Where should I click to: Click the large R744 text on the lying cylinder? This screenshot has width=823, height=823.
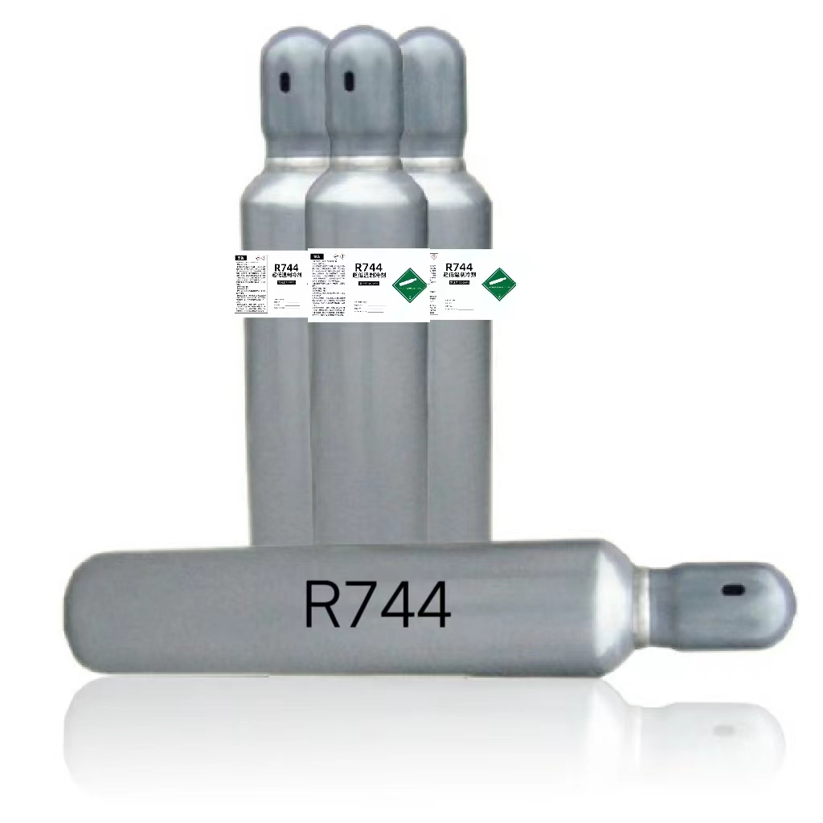(377, 604)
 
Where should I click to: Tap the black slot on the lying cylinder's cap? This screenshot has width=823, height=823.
(733, 590)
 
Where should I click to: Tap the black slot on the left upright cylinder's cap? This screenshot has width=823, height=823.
(283, 81)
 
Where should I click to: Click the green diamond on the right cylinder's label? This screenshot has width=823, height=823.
(498, 280)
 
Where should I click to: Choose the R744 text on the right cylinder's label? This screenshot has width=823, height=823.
(458, 267)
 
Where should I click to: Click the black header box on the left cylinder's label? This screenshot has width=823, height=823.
(240, 258)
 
